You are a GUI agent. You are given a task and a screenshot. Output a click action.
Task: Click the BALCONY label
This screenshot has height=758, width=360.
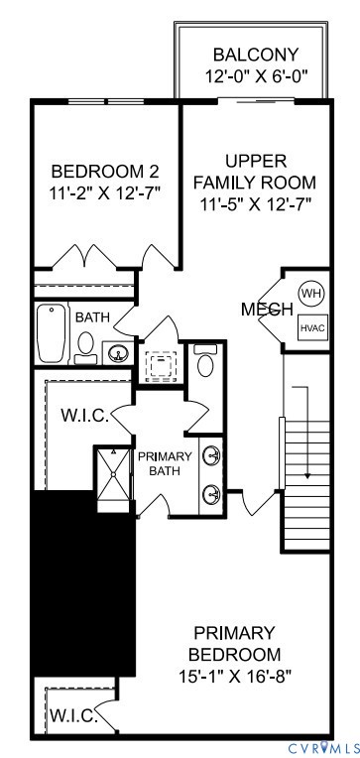click(255, 55)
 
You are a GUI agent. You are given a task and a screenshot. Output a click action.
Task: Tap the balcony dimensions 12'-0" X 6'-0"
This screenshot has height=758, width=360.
click(255, 75)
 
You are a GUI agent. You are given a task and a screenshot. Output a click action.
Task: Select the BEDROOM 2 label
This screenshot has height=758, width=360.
click(105, 170)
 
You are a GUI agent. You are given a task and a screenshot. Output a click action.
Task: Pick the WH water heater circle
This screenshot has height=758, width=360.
click(311, 294)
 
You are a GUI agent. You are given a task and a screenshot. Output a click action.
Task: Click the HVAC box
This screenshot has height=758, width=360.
click(312, 326)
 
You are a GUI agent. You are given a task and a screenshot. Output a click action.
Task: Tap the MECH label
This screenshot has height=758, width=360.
click(266, 310)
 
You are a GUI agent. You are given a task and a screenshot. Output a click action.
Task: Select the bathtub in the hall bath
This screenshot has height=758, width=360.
click(50, 334)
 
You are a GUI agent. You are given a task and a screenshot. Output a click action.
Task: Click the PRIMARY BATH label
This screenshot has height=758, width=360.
click(164, 463)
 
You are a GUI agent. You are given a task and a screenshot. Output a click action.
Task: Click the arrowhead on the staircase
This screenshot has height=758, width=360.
click(307, 475)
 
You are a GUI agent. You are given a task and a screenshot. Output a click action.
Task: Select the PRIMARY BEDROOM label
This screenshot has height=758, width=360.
click(235, 643)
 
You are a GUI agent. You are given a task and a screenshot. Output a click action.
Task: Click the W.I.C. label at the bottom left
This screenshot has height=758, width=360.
click(73, 715)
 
